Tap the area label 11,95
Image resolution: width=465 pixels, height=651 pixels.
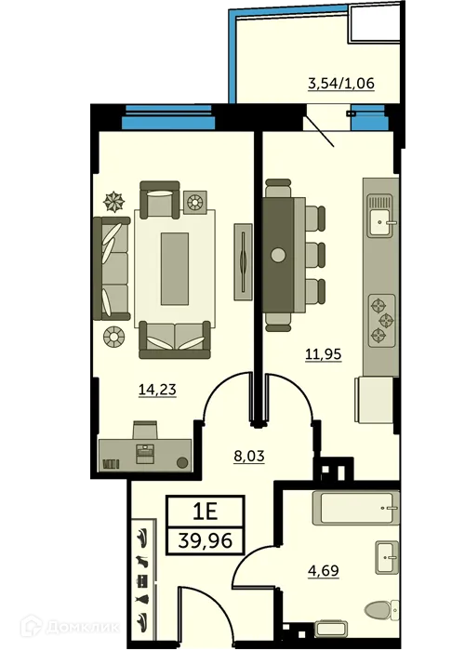[323, 352]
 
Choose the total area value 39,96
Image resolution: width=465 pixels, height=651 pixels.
[205, 540]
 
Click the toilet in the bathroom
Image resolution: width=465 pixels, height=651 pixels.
[380, 610]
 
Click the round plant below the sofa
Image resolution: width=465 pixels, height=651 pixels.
[114, 335]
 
